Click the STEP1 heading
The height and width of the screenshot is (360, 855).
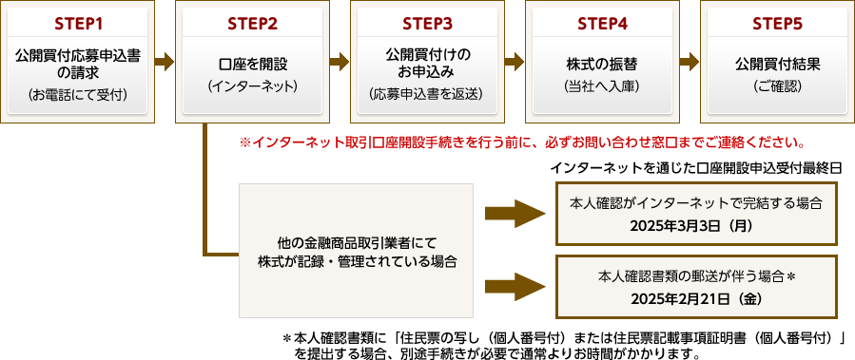(x=78, y=23)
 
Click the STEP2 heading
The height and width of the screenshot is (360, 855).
(x=253, y=23)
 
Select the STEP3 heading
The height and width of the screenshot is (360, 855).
(x=427, y=23)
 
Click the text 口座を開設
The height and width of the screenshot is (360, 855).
(x=253, y=64)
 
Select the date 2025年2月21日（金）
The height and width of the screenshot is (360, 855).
(x=695, y=298)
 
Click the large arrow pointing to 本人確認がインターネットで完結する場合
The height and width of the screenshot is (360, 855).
(x=513, y=213)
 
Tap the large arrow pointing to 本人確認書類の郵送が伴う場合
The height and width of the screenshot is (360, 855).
(x=513, y=286)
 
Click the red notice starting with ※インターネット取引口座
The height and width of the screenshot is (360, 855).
(x=522, y=143)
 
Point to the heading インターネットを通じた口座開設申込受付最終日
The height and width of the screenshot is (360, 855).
(x=696, y=167)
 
